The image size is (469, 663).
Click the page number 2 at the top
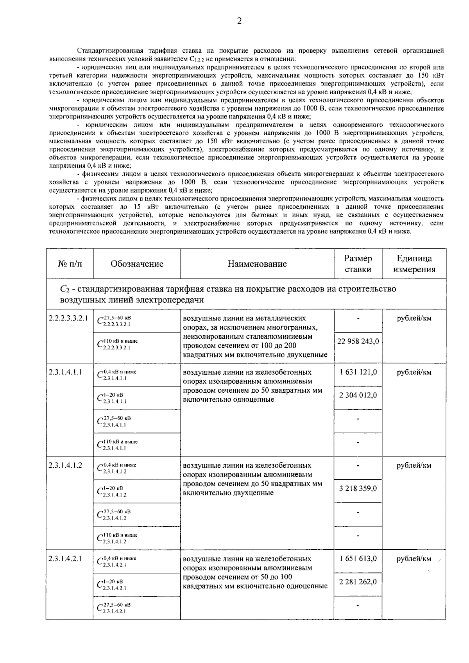pyautogui.click(x=239, y=21)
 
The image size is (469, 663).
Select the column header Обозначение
pyautogui.click(x=137, y=264)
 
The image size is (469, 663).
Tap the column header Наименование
pyautogui.click(x=257, y=264)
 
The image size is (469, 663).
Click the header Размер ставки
pyautogui.click(x=358, y=264)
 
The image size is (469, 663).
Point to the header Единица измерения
pyautogui.click(x=414, y=264)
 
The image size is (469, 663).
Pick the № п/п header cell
pyautogui.click(x=70, y=264)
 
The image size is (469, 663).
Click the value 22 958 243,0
pyautogui.click(x=358, y=341)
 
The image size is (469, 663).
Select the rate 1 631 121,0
pyautogui.click(x=358, y=372)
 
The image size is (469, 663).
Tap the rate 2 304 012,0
pyautogui.click(x=358, y=395)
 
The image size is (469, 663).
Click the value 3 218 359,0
pyautogui.click(x=358, y=488)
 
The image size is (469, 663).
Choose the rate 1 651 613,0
pyautogui.click(x=358, y=558)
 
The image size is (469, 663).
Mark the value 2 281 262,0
pyautogui.click(x=358, y=581)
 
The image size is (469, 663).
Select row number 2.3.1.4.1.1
pyautogui.click(x=65, y=372)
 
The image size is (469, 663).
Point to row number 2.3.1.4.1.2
pyautogui.click(x=65, y=465)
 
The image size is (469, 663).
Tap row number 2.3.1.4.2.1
pyautogui.click(x=65, y=558)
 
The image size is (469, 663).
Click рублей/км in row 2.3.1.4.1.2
pyautogui.click(x=414, y=465)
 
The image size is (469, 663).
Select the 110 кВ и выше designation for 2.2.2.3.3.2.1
pyautogui.click(x=117, y=344)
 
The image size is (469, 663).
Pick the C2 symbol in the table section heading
pyautogui.click(x=64, y=290)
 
